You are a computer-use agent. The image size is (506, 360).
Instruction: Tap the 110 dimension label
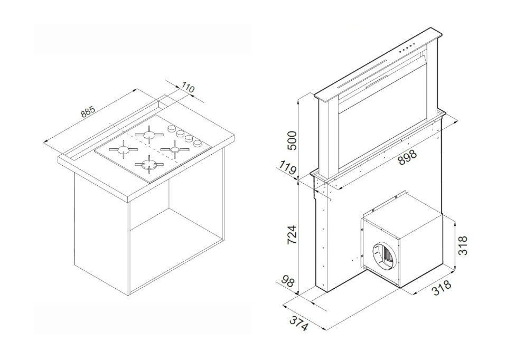coord(188,88)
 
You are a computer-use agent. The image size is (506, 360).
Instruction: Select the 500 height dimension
coord(292,140)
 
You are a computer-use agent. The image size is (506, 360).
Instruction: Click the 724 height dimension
coord(292,234)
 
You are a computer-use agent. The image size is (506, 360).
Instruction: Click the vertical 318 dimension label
coord(463,246)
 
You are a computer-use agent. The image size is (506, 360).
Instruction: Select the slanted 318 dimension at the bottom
coord(442,288)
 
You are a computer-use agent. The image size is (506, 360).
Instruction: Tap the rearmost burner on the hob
coord(149,135)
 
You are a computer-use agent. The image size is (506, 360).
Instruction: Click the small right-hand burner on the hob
coord(175,149)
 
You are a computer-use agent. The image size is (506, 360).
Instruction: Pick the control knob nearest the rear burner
coord(171,129)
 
